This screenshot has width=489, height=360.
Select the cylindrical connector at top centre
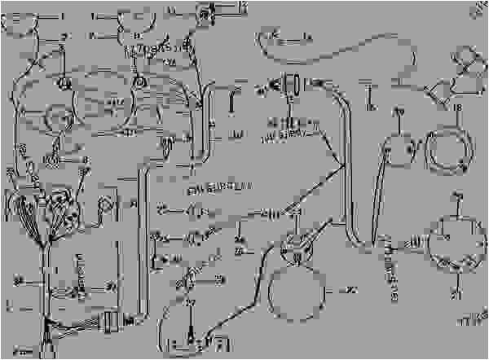[x=290, y=84]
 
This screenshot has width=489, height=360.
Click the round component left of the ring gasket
[x=399, y=146]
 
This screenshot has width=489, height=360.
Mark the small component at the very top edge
[x=202, y=11]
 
